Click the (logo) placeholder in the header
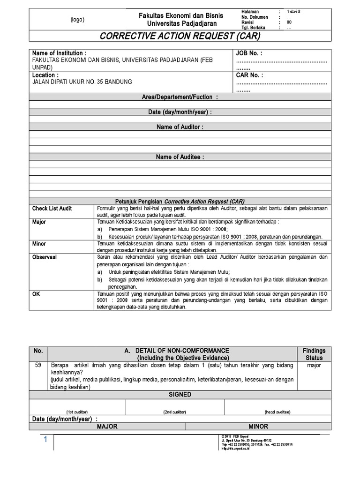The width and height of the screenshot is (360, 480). point(77,20)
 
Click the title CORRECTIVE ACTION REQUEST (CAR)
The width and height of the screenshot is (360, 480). point(180,36)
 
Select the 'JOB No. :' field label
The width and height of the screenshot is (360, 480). point(249,53)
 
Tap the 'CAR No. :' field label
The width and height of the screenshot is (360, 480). point(249,75)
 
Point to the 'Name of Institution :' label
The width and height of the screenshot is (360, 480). point(59,53)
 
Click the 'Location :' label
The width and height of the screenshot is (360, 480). point(45,75)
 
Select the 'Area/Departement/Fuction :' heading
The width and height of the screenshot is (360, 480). point(180,97)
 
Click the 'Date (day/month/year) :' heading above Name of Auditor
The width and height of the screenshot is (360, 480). point(180,112)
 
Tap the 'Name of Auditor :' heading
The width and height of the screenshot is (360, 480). point(180,127)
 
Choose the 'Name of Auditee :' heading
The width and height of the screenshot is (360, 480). point(180,157)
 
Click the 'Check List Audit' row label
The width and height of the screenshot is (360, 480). point(52,209)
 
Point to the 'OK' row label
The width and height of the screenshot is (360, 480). point(36,294)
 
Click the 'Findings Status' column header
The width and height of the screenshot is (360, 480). point(314,354)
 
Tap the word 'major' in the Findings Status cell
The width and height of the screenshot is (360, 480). point(314,366)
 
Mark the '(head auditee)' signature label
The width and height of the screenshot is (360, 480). point(277,412)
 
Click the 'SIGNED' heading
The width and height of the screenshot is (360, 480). point(180,395)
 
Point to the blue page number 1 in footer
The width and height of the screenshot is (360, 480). point(46,440)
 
